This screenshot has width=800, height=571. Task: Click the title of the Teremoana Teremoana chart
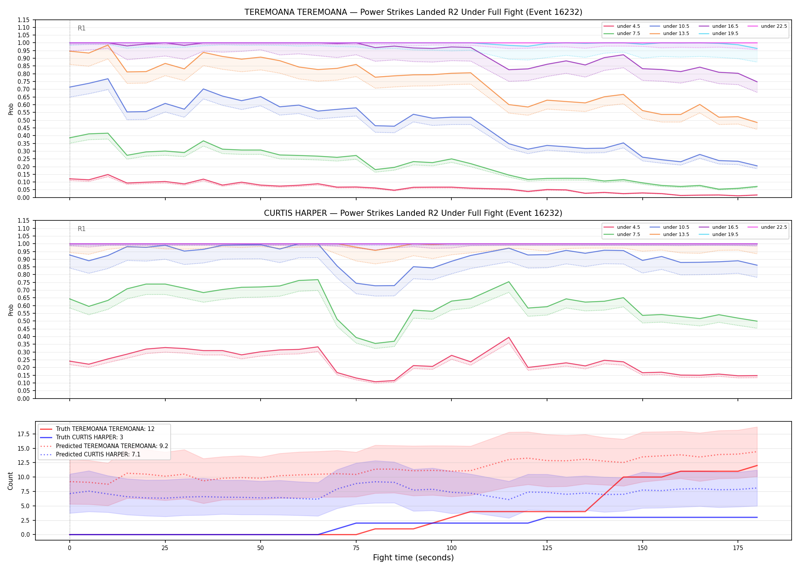click(x=413, y=12)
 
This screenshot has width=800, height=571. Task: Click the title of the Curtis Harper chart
click(x=413, y=213)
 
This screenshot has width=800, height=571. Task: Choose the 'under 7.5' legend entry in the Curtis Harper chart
click(x=622, y=234)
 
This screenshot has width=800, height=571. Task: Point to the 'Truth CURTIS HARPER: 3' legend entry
click(x=82, y=437)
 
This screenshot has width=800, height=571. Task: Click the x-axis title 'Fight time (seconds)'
click(x=413, y=558)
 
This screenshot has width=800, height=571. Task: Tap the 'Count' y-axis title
click(x=10, y=481)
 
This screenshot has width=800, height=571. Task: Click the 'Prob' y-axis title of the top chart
click(x=11, y=109)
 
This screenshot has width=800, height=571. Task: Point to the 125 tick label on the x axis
click(x=547, y=548)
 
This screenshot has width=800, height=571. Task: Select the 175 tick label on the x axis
click(x=738, y=548)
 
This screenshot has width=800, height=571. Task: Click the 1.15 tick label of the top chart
click(x=24, y=20)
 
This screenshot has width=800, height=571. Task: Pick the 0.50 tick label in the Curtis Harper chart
click(x=24, y=321)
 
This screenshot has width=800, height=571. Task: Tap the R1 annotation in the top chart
click(x=82, y=28)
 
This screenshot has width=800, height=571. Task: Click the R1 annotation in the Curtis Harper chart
click(x=82, y=229)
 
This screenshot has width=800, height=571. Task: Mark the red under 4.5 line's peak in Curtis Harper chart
click(x=509, y=337)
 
